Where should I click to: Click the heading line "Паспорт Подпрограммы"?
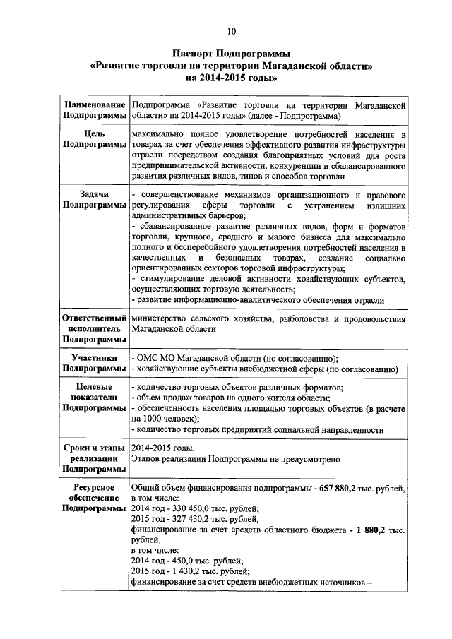click(232, 53)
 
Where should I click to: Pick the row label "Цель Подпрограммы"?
click(95, 138)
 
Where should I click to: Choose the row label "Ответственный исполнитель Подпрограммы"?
click(95, 329)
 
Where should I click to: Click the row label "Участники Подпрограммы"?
click(95, 363)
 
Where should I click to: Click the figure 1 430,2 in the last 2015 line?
click(180, 571)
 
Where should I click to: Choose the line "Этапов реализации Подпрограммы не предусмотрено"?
click(236, 459)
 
